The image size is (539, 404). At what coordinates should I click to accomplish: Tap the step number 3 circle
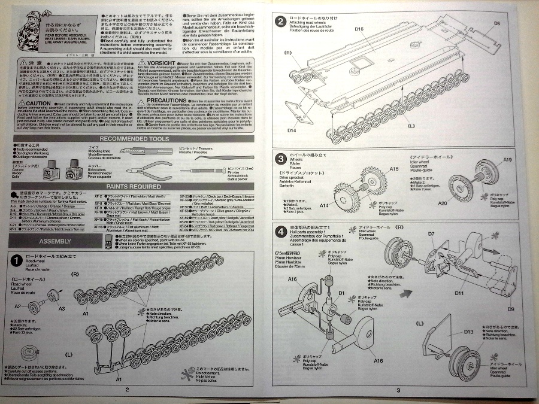coord(280,159)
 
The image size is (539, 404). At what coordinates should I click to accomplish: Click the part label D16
coord(359,28)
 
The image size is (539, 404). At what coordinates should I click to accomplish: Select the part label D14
coord(292,130)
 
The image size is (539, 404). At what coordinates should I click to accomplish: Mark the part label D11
coord(459,293)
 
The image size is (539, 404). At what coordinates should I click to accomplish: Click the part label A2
coord(34,306)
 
